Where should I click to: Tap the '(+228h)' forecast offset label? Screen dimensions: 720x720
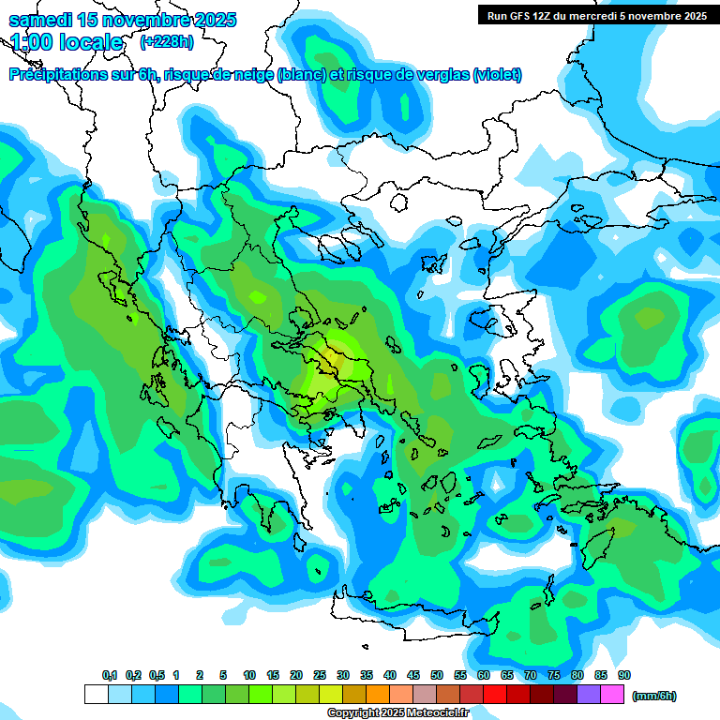pyautogui.click(x=167, y=42)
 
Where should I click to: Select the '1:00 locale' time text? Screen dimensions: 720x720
pyautogui.click(x=67, y=42)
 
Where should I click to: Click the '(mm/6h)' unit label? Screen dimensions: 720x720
pyautogui.click(x=654, y=696)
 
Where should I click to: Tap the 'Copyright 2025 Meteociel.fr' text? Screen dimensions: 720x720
pyautogui.click(x=397, y=713)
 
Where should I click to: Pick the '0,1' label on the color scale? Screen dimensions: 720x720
pyautogui.click(x=110, y=676)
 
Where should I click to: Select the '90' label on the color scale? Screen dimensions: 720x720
pyautogui.click(x=624, y=676)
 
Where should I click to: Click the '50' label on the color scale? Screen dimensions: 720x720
pyautogui.click(x=437, y=676)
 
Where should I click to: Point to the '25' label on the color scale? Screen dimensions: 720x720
pyautogui.click(x=320, y=676)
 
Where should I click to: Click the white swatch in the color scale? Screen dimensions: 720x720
pyautogui.click(x=96, y=695)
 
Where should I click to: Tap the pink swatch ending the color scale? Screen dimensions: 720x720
pyautogui.click(x=612, y=695)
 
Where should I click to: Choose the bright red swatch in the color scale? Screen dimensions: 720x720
pyautogui.click(x=495, y=695)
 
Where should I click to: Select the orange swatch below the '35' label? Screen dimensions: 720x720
pyautogui.click(x=378, y=695)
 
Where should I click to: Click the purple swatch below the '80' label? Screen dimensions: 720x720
pyautogui.click(x=589, y=695)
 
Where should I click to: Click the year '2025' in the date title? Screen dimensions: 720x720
pyautogui.click(x=211, y=20)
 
